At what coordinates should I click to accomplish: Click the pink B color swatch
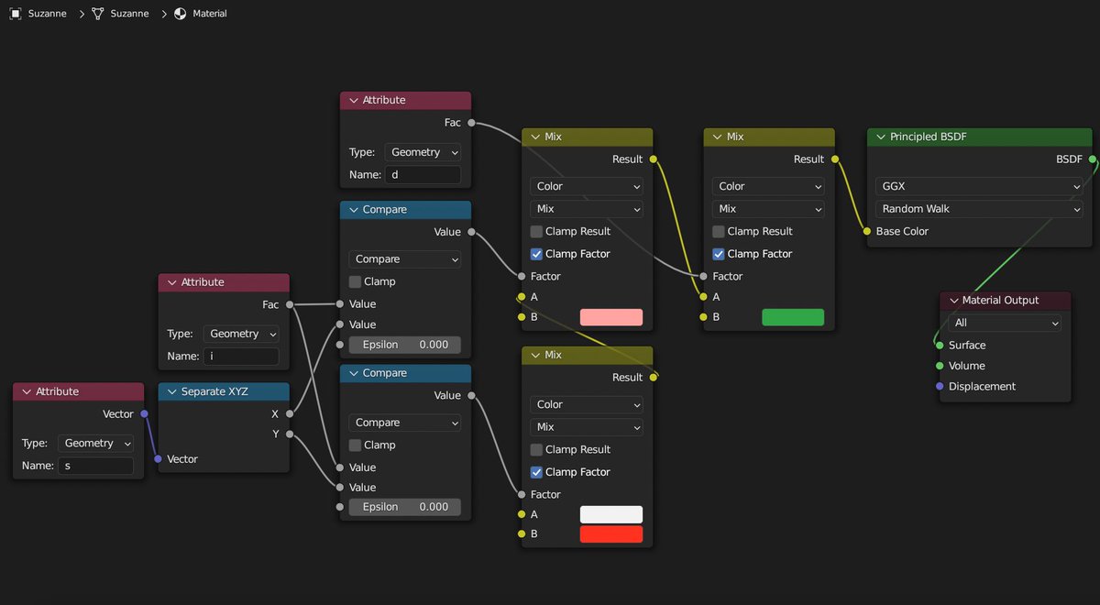point(610,317)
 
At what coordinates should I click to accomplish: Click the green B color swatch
point(792,317)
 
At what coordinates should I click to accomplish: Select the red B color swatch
point(610,533)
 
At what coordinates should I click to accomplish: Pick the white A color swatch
point(610,514)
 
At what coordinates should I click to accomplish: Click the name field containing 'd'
point(423,174)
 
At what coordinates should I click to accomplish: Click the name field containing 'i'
point(241,356)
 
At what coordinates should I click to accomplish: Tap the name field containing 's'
point(96,466)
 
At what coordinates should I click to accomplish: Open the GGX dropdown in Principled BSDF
point(979,186)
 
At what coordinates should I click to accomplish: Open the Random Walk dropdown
point(979,209)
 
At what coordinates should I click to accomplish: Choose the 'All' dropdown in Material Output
point(1005,323)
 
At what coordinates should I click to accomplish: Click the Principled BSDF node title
point(928,137)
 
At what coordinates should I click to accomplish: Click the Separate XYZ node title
point(214,391)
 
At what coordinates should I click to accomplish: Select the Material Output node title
point(1000,300)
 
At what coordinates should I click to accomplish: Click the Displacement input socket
point(940,386)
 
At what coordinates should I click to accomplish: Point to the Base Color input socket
point(867,231)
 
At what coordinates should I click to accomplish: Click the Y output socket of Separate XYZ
point(290,434)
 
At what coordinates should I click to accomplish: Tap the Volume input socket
point(940,366)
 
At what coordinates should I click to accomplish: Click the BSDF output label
point(1069,159)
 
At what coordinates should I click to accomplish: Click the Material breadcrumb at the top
point(209,14)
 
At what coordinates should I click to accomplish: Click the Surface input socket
point(940,346)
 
